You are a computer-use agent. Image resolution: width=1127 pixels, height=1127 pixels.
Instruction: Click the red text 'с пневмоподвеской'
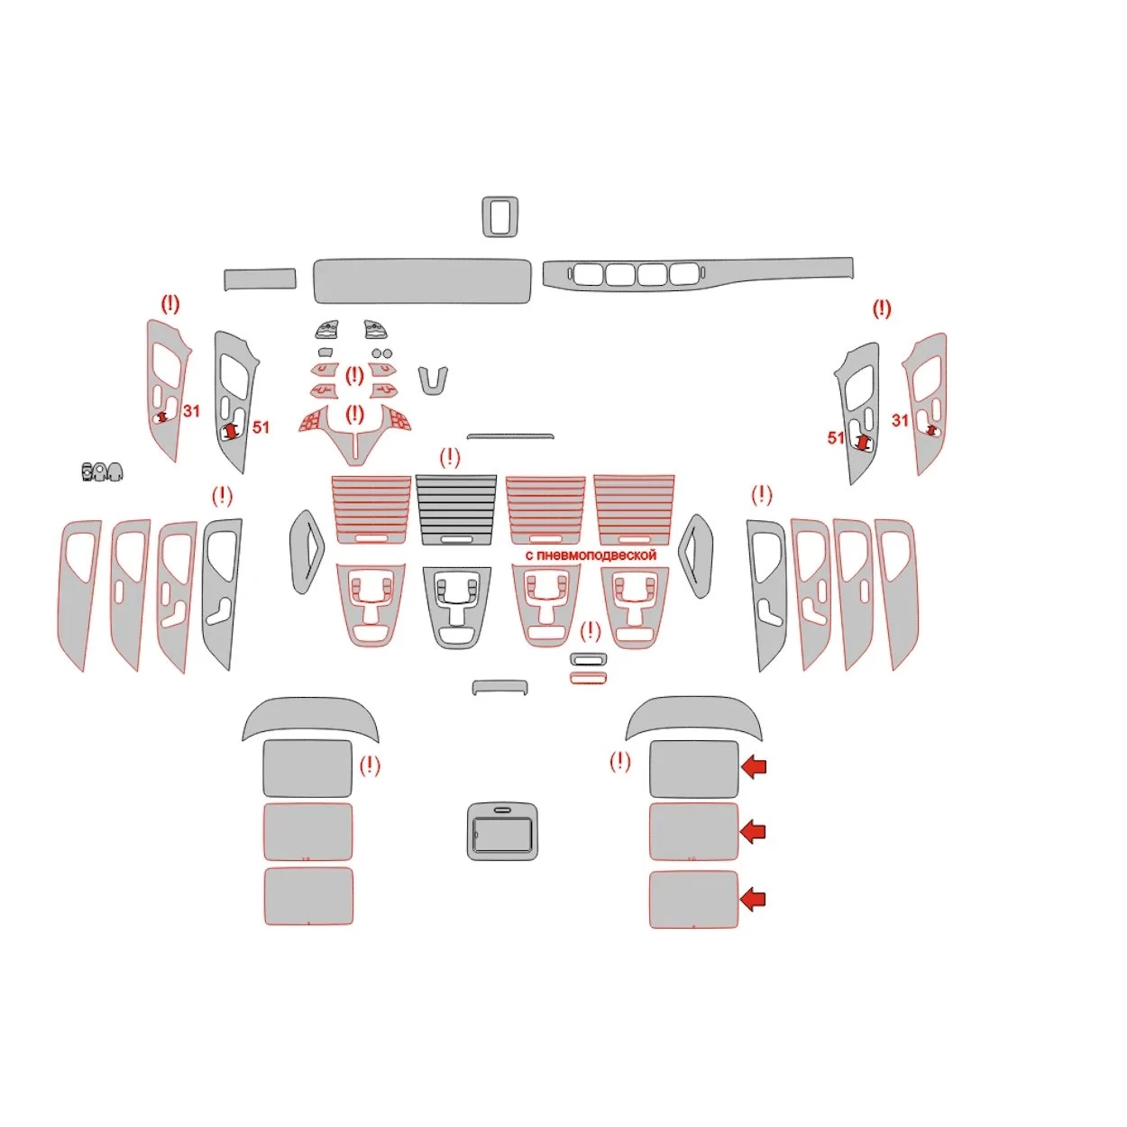tap(591, 555)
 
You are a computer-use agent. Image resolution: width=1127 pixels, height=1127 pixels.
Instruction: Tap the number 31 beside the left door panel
tap(191, 411)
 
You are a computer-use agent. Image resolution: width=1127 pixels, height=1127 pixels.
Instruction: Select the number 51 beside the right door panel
tap(836, 437)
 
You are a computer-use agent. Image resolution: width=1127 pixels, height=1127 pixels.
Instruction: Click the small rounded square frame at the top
tap(500, 216)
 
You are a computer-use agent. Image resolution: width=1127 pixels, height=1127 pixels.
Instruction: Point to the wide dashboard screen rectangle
tap(422, 280)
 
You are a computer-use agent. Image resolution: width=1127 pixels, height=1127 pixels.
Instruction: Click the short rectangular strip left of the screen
tap(261, 279)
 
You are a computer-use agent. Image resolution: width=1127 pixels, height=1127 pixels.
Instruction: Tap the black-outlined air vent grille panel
tap(456, 509)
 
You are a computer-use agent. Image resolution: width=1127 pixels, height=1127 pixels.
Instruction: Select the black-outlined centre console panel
tap(456, 607)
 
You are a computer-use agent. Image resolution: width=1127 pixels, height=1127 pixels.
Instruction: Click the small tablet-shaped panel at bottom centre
tap(502, 830)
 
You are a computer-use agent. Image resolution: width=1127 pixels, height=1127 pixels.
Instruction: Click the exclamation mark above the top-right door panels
tap(882, 309)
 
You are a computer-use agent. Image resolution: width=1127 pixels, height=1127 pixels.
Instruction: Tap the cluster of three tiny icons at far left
tap(102, 472)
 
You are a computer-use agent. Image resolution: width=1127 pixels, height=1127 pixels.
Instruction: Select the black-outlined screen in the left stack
tap(307, 768)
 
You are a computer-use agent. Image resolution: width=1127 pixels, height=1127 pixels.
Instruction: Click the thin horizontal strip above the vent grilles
tap(510, 436)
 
